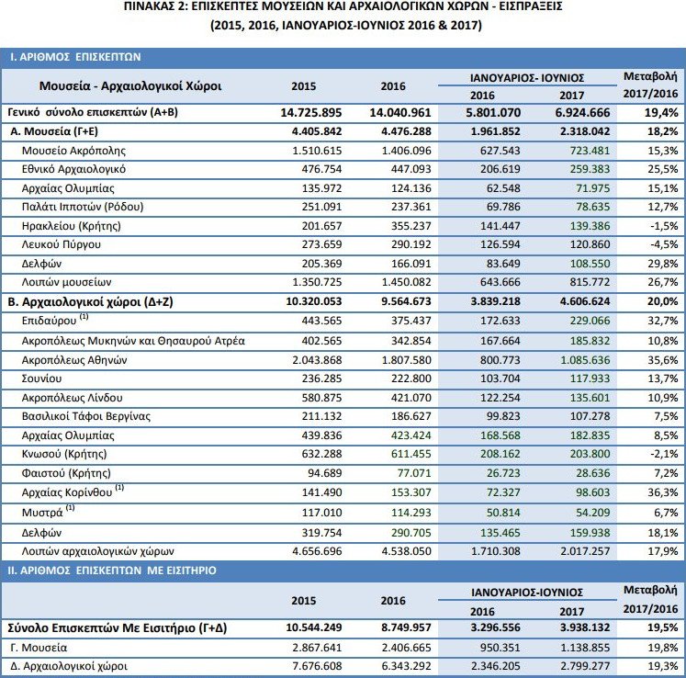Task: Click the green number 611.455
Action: point(406,455)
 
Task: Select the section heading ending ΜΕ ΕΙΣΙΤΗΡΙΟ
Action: point(113,571)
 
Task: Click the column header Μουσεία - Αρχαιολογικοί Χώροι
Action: point(130,87)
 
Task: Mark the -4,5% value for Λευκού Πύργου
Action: point(662,245)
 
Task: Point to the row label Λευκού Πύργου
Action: point(63,245)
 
